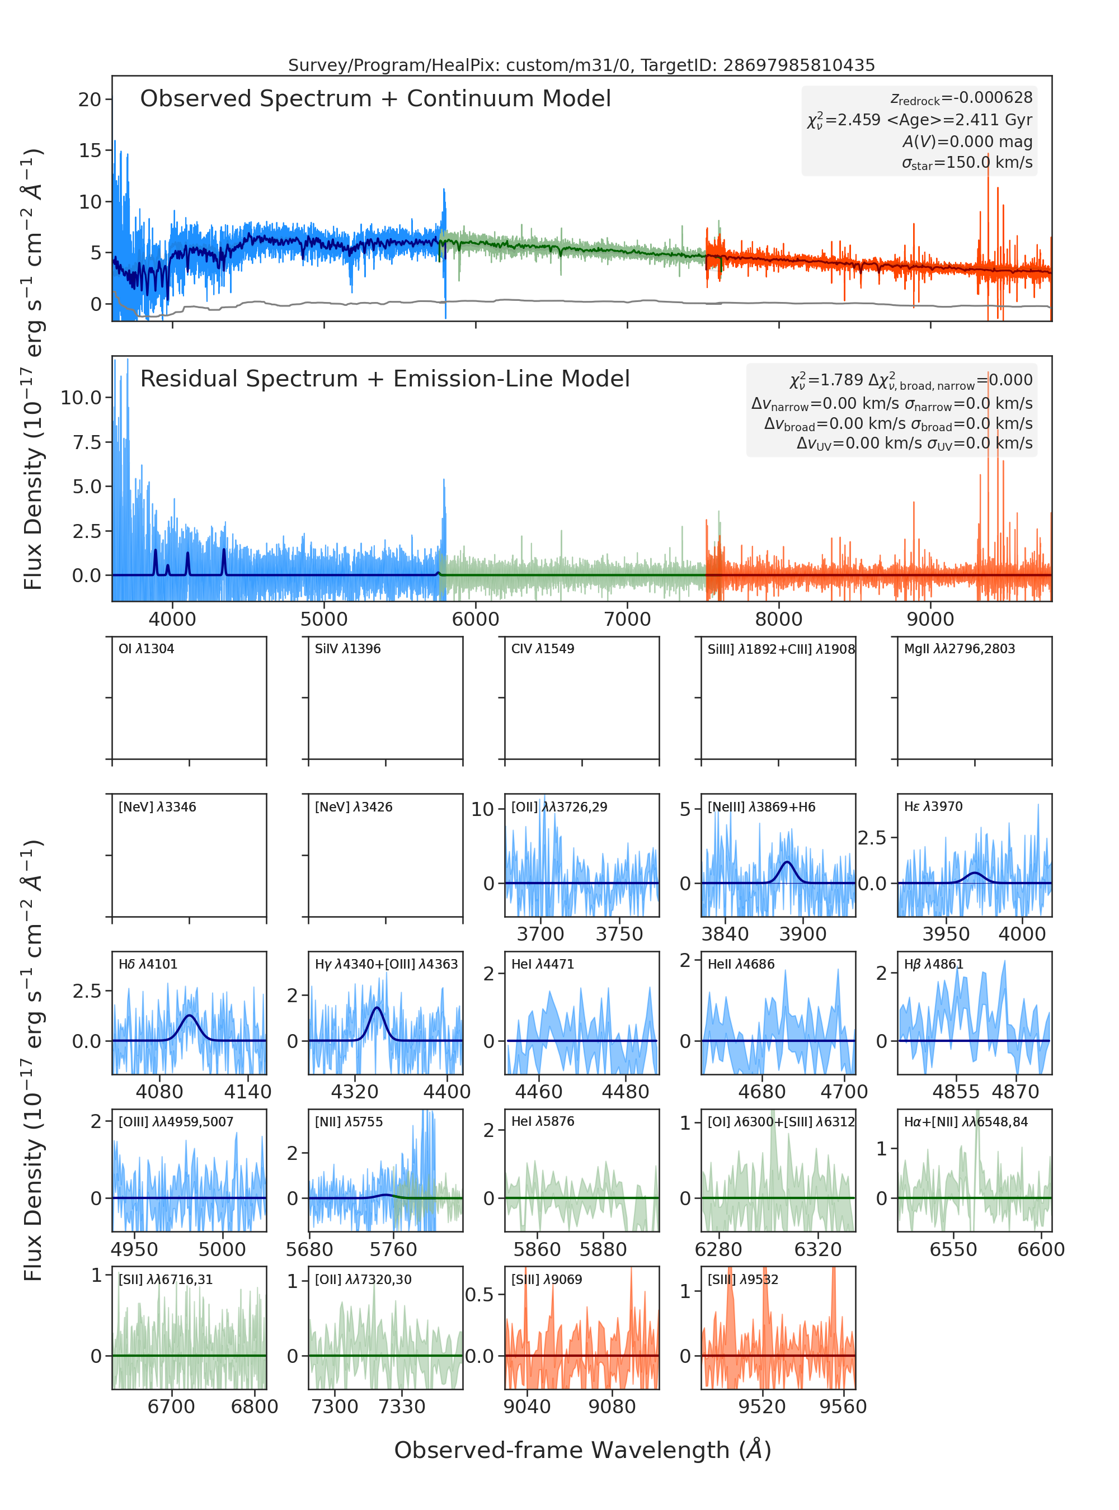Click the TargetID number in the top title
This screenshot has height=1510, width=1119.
point(800,65)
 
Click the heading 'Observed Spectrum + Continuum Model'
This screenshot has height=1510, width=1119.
point(375,99)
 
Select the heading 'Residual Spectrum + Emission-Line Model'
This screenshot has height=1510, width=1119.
point(385,379)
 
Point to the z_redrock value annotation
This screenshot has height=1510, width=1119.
point(961,98)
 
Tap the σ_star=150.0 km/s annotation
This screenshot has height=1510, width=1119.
point(967,163)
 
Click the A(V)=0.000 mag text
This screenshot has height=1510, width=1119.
point(967,141)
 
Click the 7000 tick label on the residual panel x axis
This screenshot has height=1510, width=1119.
point(627,619)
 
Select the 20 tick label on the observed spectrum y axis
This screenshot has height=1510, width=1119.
point(90,100)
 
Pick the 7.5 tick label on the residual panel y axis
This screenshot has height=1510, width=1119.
point(87,442)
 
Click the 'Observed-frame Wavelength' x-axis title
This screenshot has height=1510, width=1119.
point(582,1450)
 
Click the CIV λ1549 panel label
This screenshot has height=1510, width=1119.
point(543,649)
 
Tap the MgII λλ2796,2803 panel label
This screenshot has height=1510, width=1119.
point(960,649)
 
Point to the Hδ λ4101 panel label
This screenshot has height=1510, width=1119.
point(148,964)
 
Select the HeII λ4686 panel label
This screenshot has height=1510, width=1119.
point(741,964)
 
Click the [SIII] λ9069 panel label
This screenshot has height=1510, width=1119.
point(547,1279)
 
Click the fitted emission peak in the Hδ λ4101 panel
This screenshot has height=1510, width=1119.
point(189,1015)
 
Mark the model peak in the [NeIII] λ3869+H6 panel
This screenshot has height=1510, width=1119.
point(787,862)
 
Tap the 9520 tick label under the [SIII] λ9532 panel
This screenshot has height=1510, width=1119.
point(762,1407)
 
